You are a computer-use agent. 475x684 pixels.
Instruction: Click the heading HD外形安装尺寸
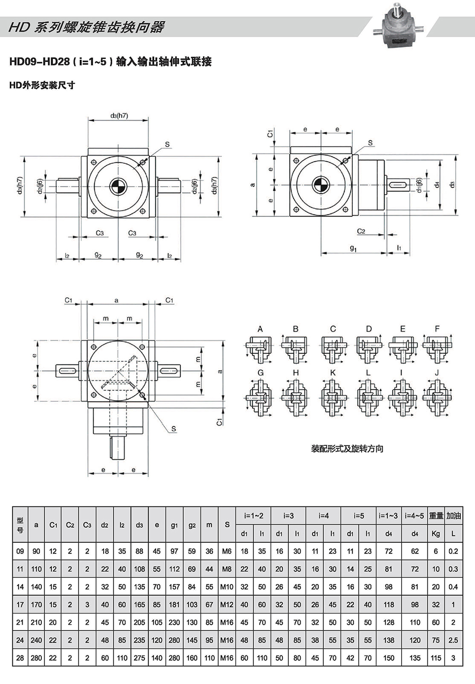[x=42, y=86]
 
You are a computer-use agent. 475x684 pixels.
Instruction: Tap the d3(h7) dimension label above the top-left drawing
[x=119, y=116]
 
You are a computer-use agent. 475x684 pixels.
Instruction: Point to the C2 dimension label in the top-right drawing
[x=361, y=231]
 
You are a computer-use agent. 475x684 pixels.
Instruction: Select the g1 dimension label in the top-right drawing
[x=353, y=248]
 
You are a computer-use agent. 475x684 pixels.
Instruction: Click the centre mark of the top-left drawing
[x=118, y=187]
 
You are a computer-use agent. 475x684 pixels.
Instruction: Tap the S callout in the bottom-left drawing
[x=174, y=429]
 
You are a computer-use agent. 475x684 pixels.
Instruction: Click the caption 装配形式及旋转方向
[x=347, y=449]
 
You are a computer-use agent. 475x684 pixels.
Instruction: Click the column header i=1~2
[x=253, y=515]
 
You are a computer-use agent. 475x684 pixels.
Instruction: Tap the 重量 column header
[x=436, y=515]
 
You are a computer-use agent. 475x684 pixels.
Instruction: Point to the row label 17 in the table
[x=20, y=604]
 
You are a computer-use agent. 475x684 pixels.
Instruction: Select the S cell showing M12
[x=227, y=604]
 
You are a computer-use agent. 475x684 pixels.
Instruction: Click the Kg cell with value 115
[x=436, y=658]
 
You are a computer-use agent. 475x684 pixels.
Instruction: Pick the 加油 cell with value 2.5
[x=453, y=640]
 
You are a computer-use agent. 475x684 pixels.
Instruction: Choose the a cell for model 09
[x=36, y=551]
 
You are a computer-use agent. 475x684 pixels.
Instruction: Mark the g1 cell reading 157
[x=174, y=587]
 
